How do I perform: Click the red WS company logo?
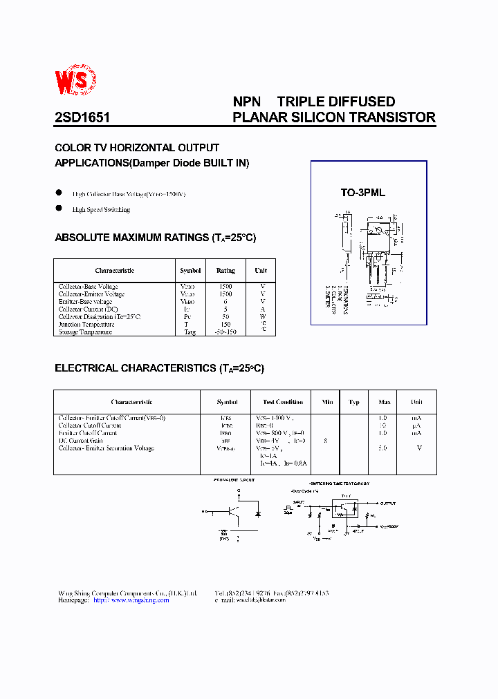pos(82,82)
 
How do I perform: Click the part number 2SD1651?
pos(82,117)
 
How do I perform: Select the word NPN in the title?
pos(246,102)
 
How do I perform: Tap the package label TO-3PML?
pos(362,193)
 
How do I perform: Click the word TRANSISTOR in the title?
pos(394,117)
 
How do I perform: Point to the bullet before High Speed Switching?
pos(59,209)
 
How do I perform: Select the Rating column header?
pos(225,271)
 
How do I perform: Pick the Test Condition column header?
pos(283,402)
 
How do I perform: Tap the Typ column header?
pos(354,402)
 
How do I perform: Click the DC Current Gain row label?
pos(80,441)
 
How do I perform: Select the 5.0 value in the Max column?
pos(382,448)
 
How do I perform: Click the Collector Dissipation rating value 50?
pos(225,316)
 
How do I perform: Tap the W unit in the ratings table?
pos(262,316)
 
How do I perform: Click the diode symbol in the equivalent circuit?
pos(257,515)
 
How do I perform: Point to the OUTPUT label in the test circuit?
pos(388,504)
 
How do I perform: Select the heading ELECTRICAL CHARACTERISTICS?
pos(136,368)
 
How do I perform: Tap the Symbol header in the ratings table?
pos(190,271)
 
